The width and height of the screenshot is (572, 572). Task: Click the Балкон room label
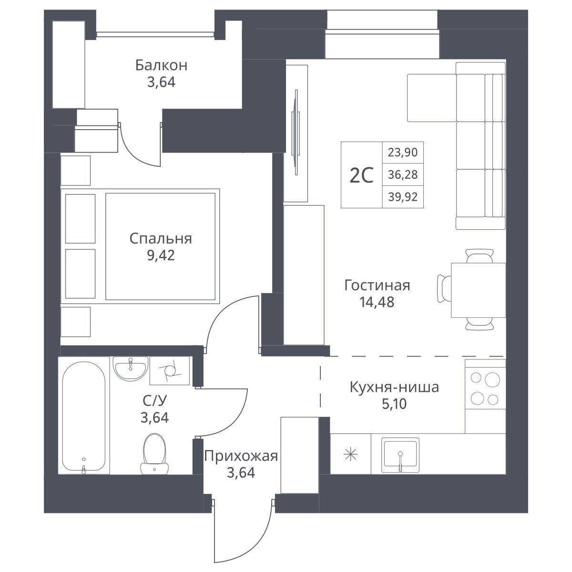(161, 65)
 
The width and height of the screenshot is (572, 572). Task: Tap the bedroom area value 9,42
(161, 255)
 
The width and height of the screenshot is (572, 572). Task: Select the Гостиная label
(377, 285)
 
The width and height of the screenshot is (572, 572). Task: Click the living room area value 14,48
(377, 302)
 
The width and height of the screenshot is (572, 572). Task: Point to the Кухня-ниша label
(395, 388)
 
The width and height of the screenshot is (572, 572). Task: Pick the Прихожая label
(241, 456)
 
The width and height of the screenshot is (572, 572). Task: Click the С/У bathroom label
(154, 401)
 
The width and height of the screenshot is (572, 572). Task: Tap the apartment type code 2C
(361, 176)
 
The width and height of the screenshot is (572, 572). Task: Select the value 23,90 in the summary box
(403, 153)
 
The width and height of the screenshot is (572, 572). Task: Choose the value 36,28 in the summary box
(403, 175)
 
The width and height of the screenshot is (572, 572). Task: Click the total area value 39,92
(403, 196)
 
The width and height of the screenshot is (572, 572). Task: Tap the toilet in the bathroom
(154, 454)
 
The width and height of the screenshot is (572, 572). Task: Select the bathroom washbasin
(131, 368)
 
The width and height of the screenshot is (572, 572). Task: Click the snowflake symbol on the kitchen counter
(350, 455)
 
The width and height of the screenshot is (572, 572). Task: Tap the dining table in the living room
(478, 290)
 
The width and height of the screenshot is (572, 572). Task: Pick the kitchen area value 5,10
(394, 404)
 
